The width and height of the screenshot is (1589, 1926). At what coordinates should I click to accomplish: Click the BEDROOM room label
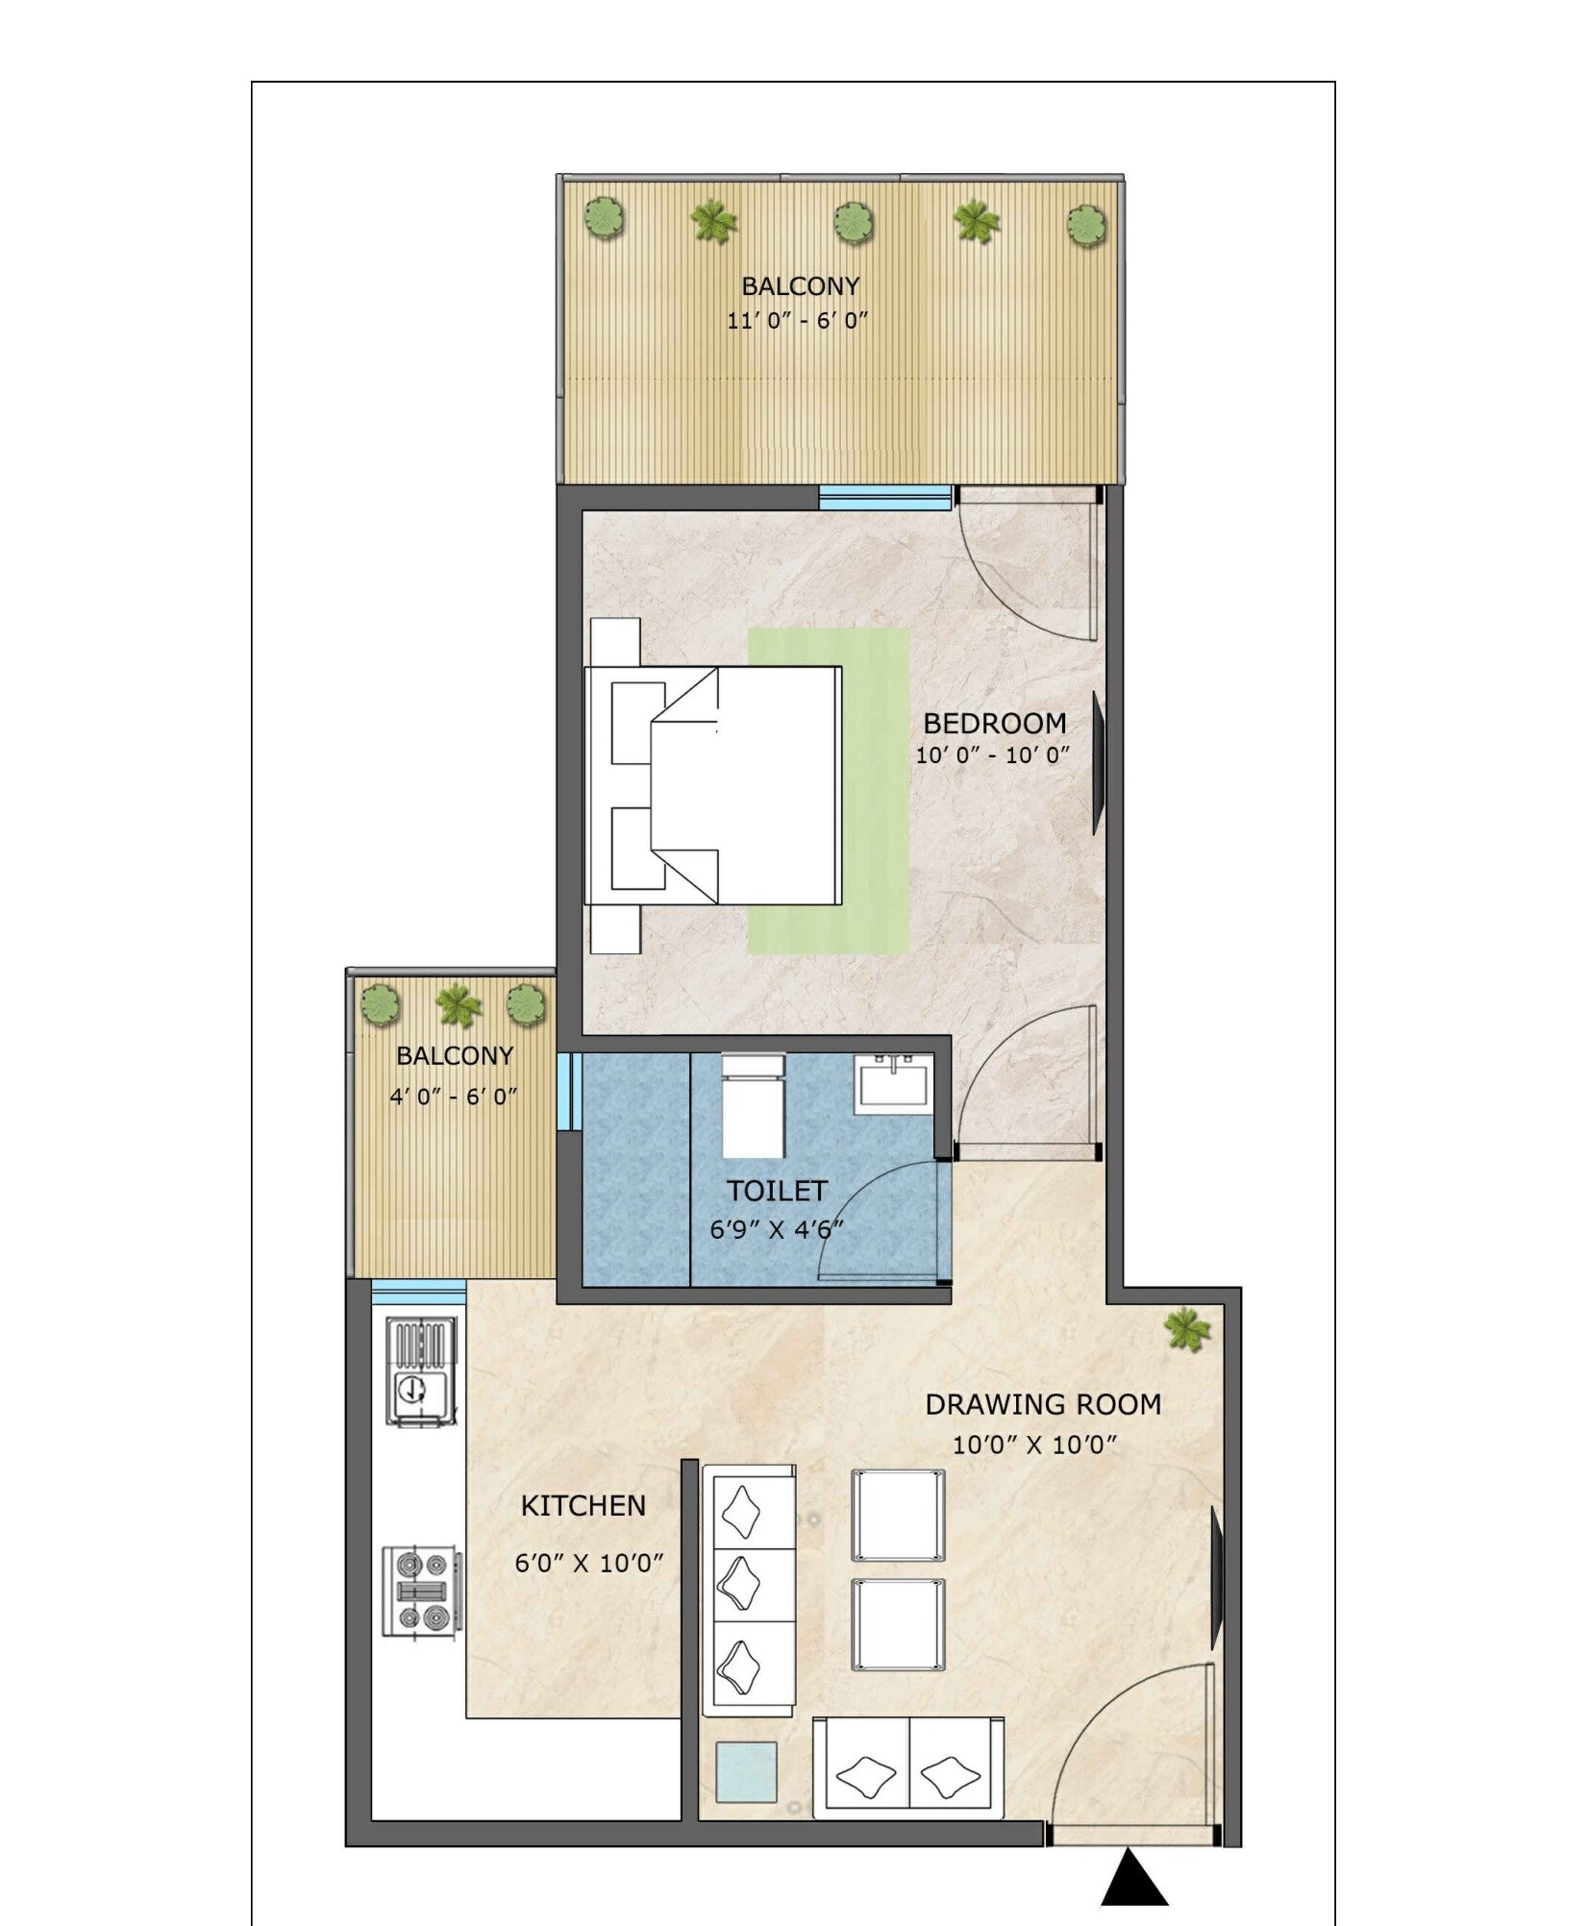[994, 723]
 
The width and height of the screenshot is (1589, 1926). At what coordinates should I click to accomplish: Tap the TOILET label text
[776, 1191]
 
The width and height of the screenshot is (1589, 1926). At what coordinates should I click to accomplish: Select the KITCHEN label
[583, 1505]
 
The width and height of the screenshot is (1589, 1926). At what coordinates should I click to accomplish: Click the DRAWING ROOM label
[1042, 1404]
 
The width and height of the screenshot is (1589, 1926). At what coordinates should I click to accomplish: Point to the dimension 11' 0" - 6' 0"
[797, 320]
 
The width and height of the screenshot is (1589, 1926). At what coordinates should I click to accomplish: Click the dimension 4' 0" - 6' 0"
[453, 1096]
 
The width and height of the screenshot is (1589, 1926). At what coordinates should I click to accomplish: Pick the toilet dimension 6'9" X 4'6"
[776, 1229]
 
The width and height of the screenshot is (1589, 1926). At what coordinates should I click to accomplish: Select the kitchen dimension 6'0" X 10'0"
[588, 1563]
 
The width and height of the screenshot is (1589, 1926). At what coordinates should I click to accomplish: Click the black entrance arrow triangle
[1133, 1879]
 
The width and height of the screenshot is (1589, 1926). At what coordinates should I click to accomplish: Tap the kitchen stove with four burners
[421, 1591]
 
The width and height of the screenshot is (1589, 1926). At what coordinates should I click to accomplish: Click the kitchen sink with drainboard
[421, 1370]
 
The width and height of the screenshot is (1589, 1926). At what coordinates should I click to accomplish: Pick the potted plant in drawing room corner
[1186, 1329]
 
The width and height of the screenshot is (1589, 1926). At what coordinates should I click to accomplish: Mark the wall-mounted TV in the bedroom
[1098, 761]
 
